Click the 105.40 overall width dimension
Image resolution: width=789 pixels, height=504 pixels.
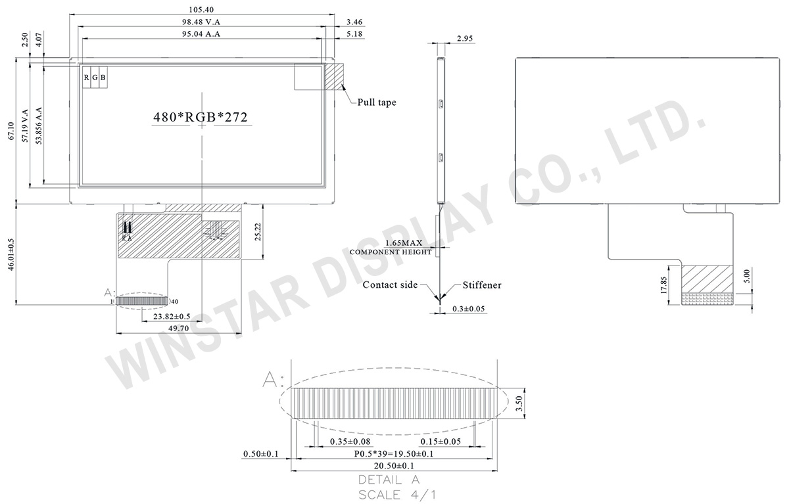coord(201,10)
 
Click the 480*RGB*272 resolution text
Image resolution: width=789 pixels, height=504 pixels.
coord(200,117)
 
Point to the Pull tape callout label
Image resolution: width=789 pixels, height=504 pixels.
coord(377,103)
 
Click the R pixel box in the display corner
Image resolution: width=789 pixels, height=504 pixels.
coord(86,78)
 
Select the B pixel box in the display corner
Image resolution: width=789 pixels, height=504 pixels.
coord(103,78)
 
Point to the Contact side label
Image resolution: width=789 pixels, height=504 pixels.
coord(390,285)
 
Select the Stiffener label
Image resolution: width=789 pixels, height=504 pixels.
coord(481,285)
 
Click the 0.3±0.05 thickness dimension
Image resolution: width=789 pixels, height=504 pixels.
coord(469,308)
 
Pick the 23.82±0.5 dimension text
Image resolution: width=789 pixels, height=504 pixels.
coord(172,316)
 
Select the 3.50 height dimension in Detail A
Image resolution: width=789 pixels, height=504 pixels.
coord(519,401)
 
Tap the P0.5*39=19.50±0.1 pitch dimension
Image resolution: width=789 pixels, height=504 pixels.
coord(393,453)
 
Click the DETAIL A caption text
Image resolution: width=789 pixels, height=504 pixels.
coord(389,479)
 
